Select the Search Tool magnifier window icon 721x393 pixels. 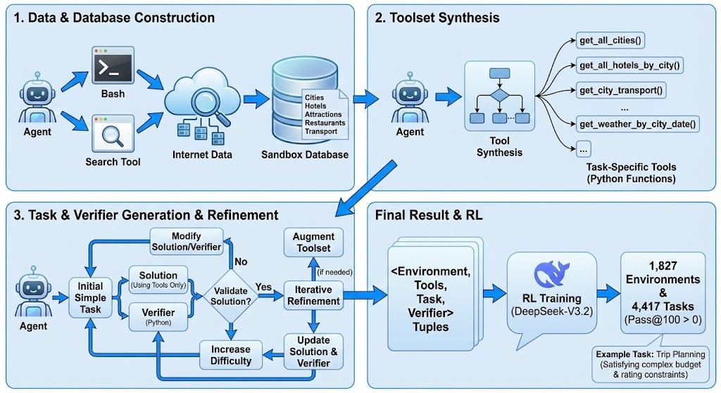[x=113, y=133]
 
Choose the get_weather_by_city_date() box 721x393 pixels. [x=637, y=124]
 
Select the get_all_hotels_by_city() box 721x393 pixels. [x=629, y=65]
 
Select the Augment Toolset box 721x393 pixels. [x=313, y=243]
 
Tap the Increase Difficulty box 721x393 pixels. [x=231, y=354]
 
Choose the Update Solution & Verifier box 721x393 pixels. [x=313, y=352]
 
